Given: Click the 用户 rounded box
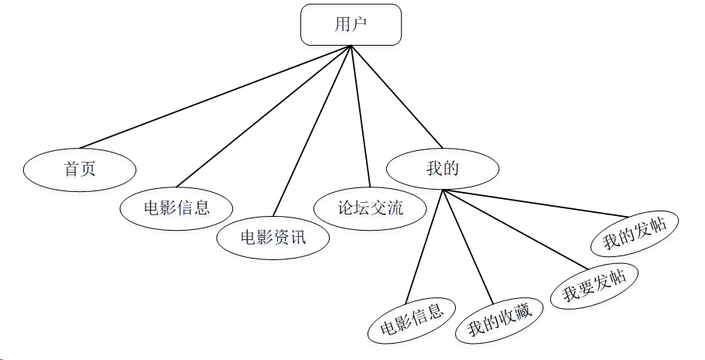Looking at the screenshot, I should click(351, 24).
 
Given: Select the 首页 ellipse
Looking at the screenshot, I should click(80, 169).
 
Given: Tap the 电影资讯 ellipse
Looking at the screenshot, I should click(273, 237).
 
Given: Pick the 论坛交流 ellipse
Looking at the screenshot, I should click(370, 207).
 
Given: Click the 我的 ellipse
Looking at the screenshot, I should click(443, 168).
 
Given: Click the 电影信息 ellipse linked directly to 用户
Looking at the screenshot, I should click(176, 207).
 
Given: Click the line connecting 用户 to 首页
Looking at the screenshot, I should click(217, 96).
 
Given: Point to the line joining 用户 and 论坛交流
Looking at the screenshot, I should click(361, 116).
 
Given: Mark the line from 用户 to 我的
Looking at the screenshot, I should click(396, 96).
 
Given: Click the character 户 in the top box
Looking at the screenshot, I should click(361, 24).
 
